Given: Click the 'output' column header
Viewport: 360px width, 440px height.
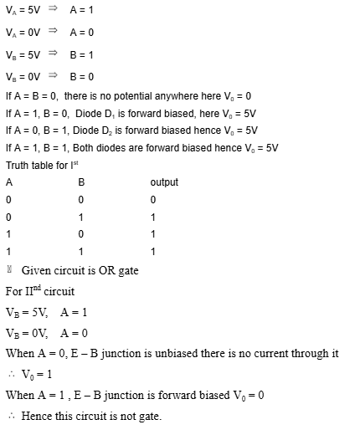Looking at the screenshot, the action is [164, 182].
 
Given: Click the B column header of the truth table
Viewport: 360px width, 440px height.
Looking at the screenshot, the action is [81, 182].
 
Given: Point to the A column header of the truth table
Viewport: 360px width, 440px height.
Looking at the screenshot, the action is [9, 182].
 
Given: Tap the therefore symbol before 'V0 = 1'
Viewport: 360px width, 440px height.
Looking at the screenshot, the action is [11, 375].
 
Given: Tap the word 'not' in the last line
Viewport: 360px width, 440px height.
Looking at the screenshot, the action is [129, 417].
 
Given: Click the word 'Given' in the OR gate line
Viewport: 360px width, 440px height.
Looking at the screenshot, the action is [36, 271].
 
